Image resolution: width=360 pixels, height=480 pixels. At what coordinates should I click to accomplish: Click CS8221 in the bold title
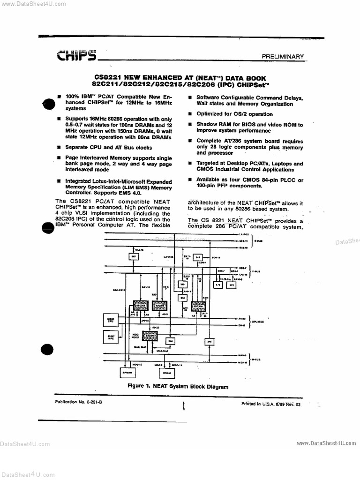click(x=107, y=77)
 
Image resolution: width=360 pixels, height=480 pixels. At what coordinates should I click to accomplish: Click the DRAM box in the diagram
click(x=167, y=373)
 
